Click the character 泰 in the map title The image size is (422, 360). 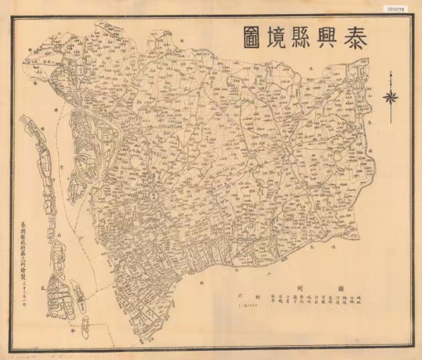click(354, 38)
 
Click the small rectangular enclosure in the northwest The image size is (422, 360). click(82, 69)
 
